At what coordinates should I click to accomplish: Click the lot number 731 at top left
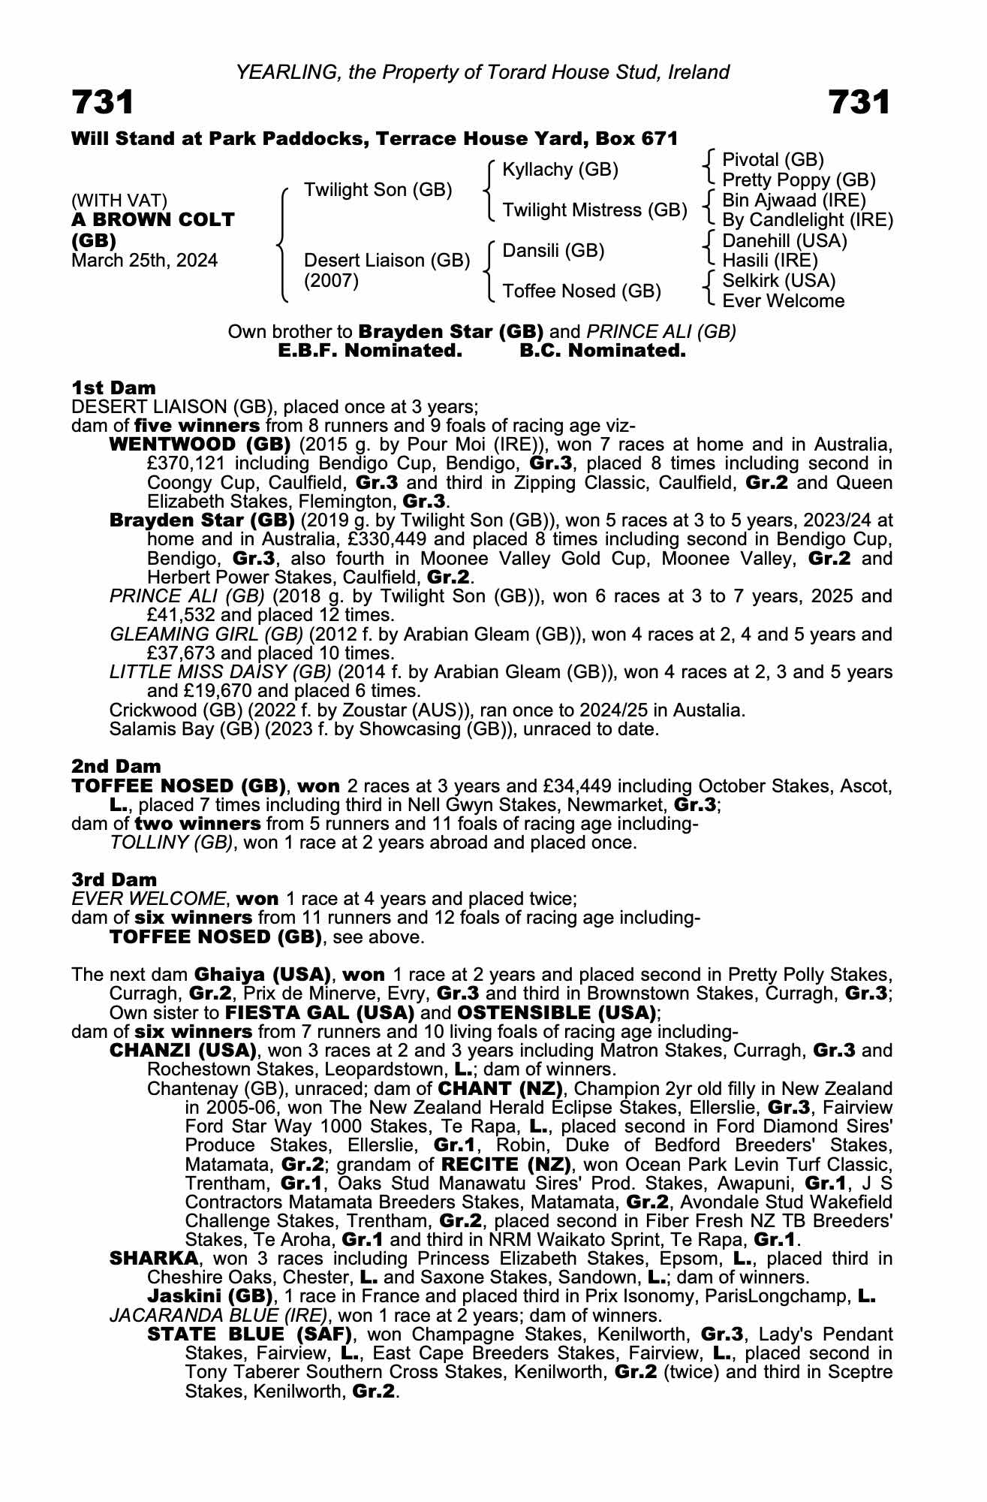click(103, 102)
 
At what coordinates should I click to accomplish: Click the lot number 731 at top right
click(859, 102)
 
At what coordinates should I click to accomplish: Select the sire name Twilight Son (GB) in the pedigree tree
click(378, 190)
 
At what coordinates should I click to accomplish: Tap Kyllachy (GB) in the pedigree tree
click(560, 170)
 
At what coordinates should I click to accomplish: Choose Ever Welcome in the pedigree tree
click(783, 301)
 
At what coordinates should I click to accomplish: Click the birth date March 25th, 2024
click(144, 261)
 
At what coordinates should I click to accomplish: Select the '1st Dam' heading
click(113, 388)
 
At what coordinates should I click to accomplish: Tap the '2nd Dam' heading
click(116, 767)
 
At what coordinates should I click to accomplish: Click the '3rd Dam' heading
click(114, 879)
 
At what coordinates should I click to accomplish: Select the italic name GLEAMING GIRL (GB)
click(206, 635)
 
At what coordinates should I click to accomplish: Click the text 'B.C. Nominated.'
click(603, 351)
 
